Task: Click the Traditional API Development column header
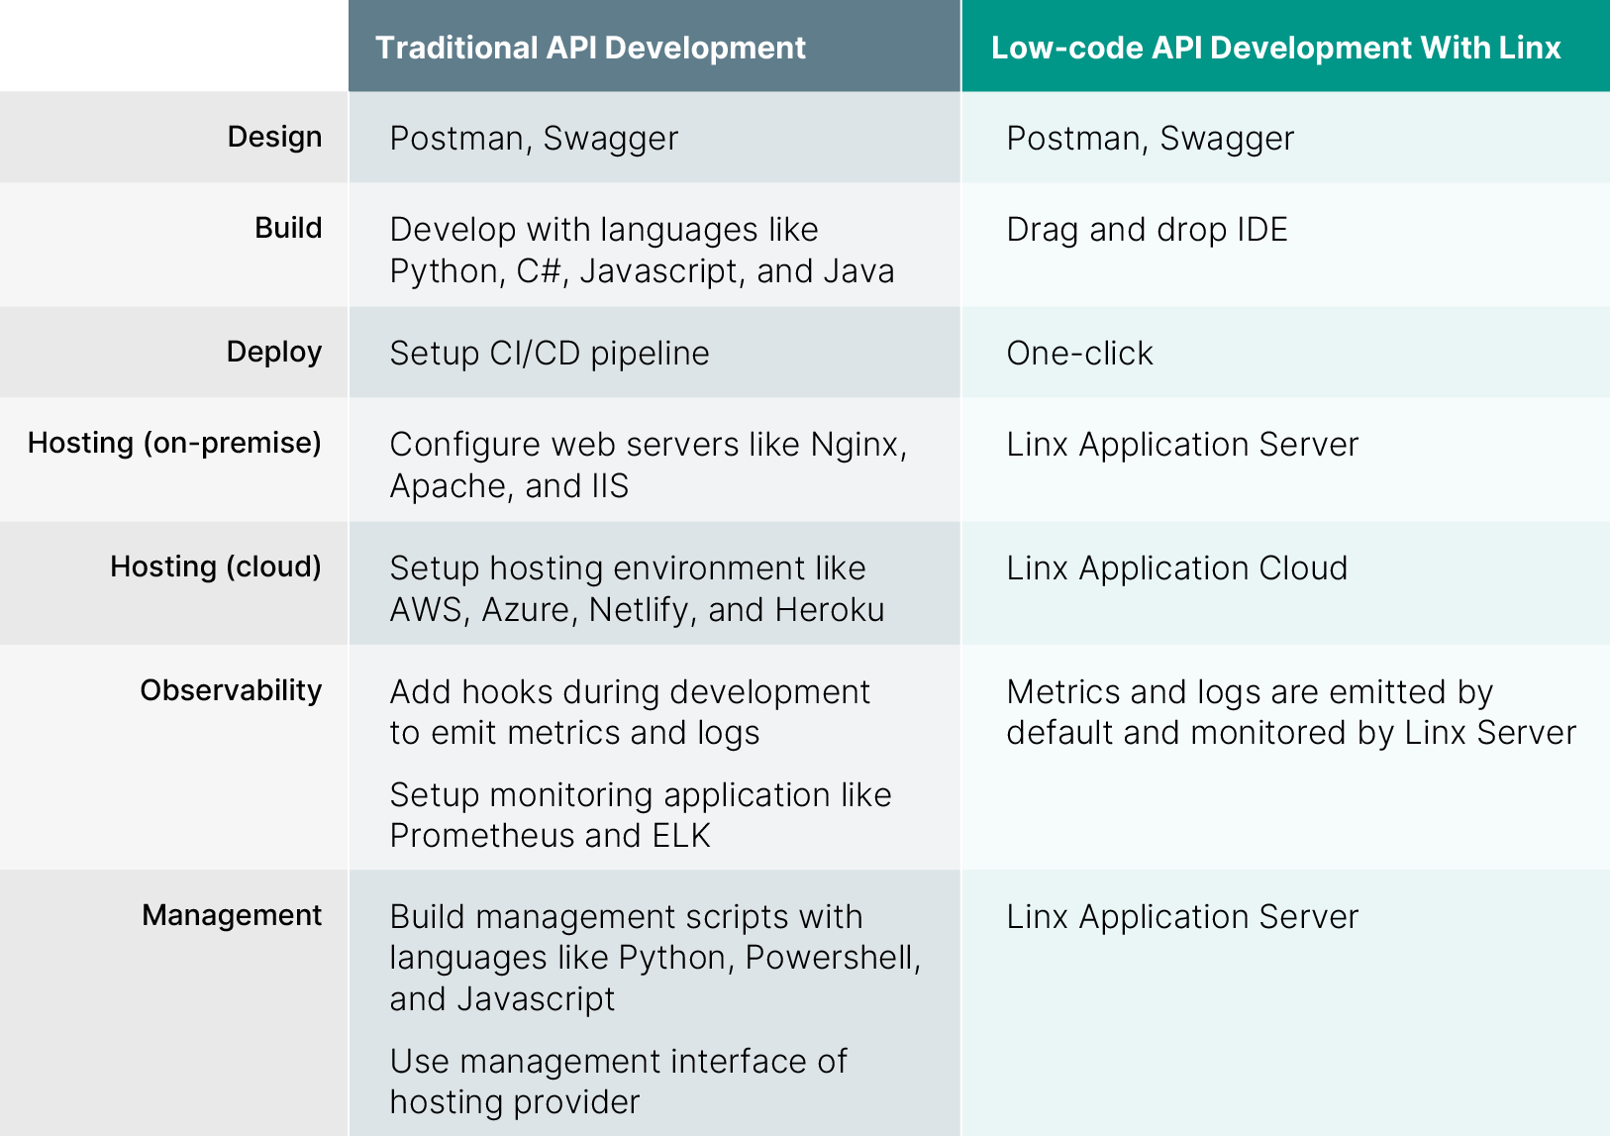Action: click(590, 48)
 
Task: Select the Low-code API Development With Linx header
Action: click(1275, 48)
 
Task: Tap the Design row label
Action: click(274, 137)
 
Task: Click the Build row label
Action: click(288, 228)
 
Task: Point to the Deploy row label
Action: click(273, 352)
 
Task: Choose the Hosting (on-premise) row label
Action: click(174, 443)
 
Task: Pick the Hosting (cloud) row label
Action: click(215, 567)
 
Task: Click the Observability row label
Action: click(231, 690)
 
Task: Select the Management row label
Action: click(232, 915)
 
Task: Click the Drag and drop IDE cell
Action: click(1147, 230)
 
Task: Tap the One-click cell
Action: click(1079, 354)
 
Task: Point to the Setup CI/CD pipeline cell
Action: click(550, 354)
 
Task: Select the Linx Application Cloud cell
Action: click(1176, 568)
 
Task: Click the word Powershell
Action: click(832, 958)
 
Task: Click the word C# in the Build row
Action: click(540, 271)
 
